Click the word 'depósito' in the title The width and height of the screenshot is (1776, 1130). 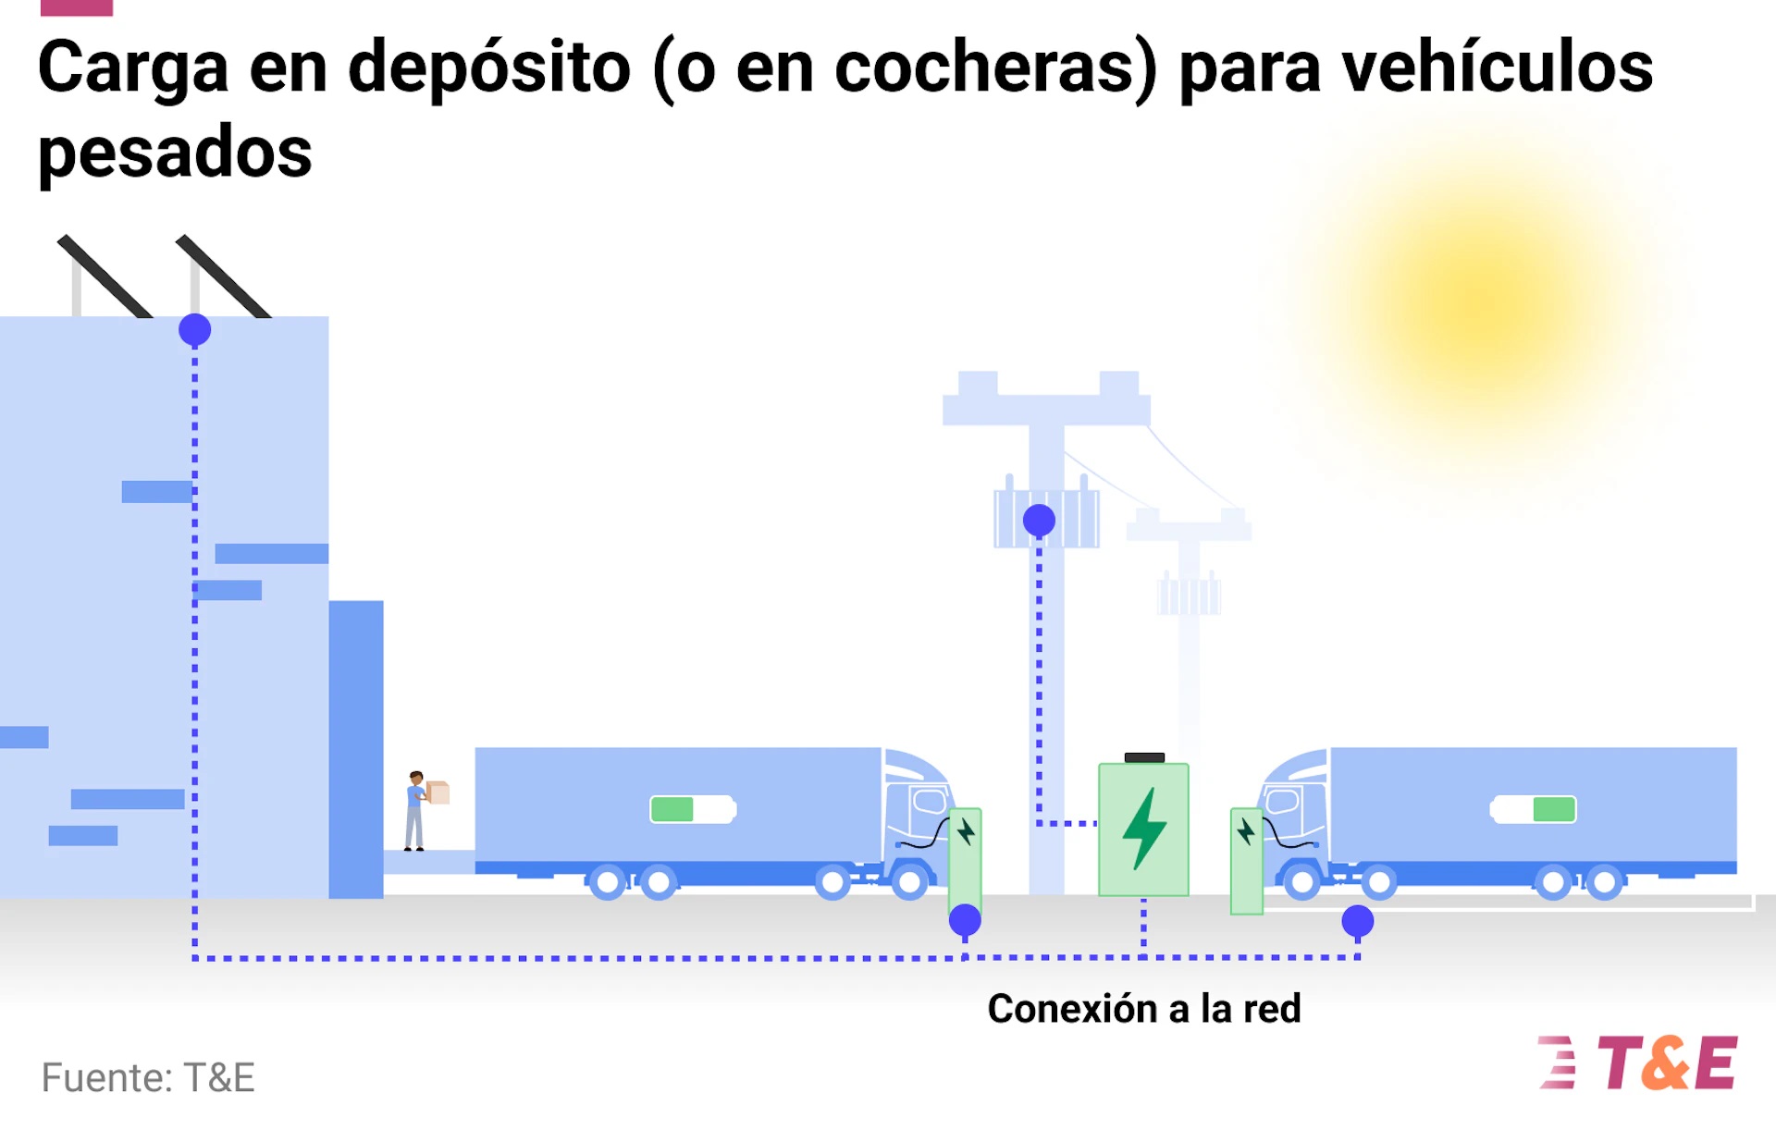pyautogui.click(x=488, y=68)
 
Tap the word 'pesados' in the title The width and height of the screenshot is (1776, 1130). pyautogui.click(x=175, y=154)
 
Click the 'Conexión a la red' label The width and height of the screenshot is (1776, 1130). pyautogui.click(x=1143, y=1008)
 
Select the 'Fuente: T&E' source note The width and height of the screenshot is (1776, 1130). pyautogui.click(x=148, y=1077)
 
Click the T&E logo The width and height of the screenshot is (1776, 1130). pyautogui.click(x=1639, y=1062)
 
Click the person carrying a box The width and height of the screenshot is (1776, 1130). pyautogui.click(x=418, y=810)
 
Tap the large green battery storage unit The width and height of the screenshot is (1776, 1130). pyautogui.click(x=1143, y=829)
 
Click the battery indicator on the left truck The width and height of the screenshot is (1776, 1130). pyautogui.click(x=693, y=809)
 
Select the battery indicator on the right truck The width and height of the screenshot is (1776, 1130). pyautogui.click(x=1534, y=809)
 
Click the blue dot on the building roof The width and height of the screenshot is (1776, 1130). pyautogui.click(x=195, y=330)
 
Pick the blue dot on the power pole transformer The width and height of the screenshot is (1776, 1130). pyautogui.click(x=1039, y=521)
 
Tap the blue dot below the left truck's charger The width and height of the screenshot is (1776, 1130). pyautogui.click(x=965, y=920)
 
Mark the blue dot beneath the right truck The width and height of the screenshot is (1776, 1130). pyautogui.click(x=1357, y=921)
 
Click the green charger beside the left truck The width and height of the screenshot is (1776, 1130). pyautogui.click(x=966, y=855)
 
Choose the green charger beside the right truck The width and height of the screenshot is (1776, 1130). pyautogui.click(x=1246, y=860)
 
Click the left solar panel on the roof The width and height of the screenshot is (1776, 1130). pyautogui.click(x=104, y=276)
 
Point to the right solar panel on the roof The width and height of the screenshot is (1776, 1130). pyautogui.click(x=222, y=276)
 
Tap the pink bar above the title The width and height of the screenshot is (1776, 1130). pyautogui.click(x=77, y=7)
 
